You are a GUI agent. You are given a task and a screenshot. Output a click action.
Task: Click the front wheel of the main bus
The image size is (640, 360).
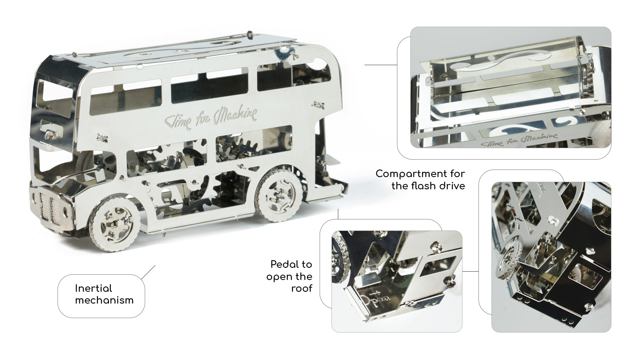[115, 223]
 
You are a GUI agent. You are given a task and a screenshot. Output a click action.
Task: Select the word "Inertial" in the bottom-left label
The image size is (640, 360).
[93, 288]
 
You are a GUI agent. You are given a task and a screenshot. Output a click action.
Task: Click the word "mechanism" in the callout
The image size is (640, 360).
[104, 300]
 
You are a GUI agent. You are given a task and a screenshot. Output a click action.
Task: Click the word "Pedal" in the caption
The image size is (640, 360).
[291, 264]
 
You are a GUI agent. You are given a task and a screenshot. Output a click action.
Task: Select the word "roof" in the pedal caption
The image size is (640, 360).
[302, 289]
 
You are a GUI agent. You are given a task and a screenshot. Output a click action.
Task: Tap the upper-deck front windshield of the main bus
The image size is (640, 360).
[54, 97]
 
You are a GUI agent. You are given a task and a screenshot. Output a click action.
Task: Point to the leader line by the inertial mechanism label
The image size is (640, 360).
[148, 272]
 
